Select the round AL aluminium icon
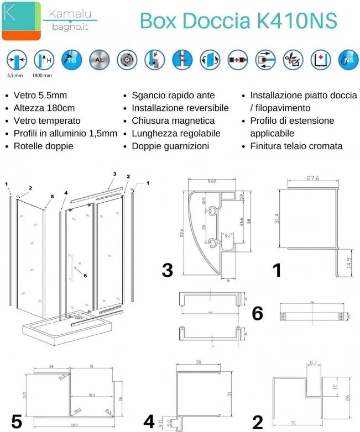(x=97, y=59)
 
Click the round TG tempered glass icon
(x=70, y=59)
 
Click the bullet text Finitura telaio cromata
(x=296, y=146)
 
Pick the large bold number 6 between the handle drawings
(x=257, y=314)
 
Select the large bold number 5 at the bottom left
(x=17, y=422)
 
